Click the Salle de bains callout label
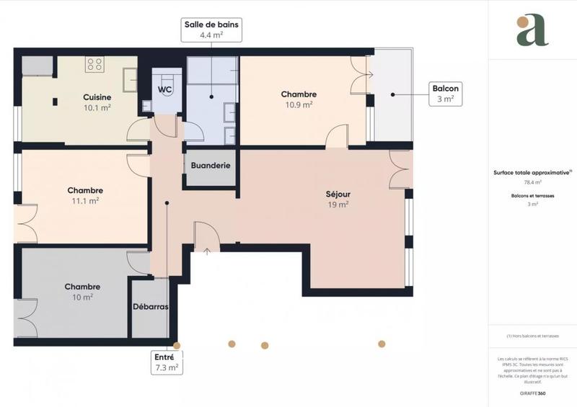pos(211,29)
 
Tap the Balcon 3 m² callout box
pos(444,94)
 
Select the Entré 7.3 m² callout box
pos(166,362)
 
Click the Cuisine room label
pos(97,97)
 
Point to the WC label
pos(165,90)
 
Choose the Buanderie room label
pos(211,165)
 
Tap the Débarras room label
pos(151,306)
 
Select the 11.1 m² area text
pos(86,201)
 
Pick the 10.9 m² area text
pos(299,104)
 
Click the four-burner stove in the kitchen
pos(94,65)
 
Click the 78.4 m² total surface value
pos(532,182)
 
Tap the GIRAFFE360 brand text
pos(532,393)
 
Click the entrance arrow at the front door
pos(207,251)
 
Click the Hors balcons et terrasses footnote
pos(532,336)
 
